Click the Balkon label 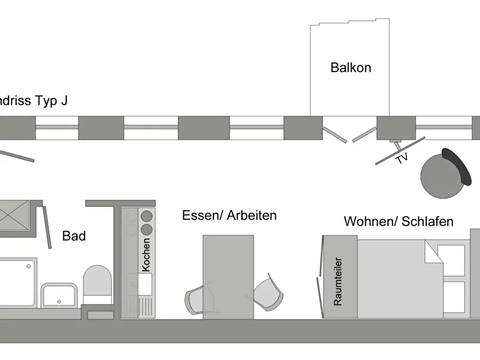pyautogui.click(x=350, y=68)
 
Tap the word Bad pyautogui.click(x=74, y=236)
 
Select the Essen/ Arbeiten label pyautogui.click(x=230, y=216)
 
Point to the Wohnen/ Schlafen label pyautogui.click(x=398, y=221)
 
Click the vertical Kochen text pyautogui.click(x=146, y=254)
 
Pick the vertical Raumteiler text pyautogui.click(x=338, y=283)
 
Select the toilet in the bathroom pyautogui.click(x=97, y=284)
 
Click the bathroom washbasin pyautogui.click(x=60, y=295)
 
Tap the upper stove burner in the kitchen pyautogui.click(x=146, y=217)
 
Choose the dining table pyautogui.click(x=228, y=277)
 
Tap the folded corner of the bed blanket pyautogui.click(x=433, y=252)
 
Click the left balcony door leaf pyautogui.click(x=334, y=135)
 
